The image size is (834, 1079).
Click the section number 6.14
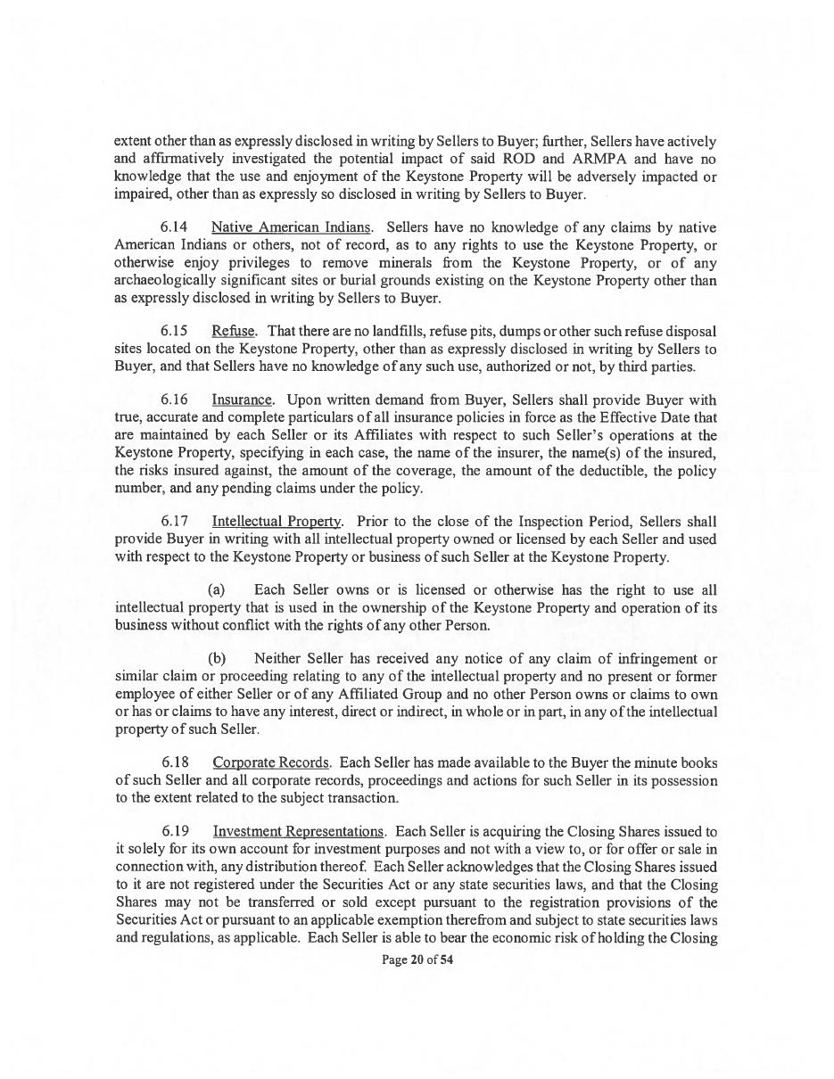174,227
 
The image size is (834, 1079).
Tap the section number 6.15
174,332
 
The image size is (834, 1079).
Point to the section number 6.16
174,400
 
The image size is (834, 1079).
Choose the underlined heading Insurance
243,400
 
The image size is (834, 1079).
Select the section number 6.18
175,763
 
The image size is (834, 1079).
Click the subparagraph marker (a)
216,590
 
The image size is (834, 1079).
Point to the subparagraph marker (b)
217,659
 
